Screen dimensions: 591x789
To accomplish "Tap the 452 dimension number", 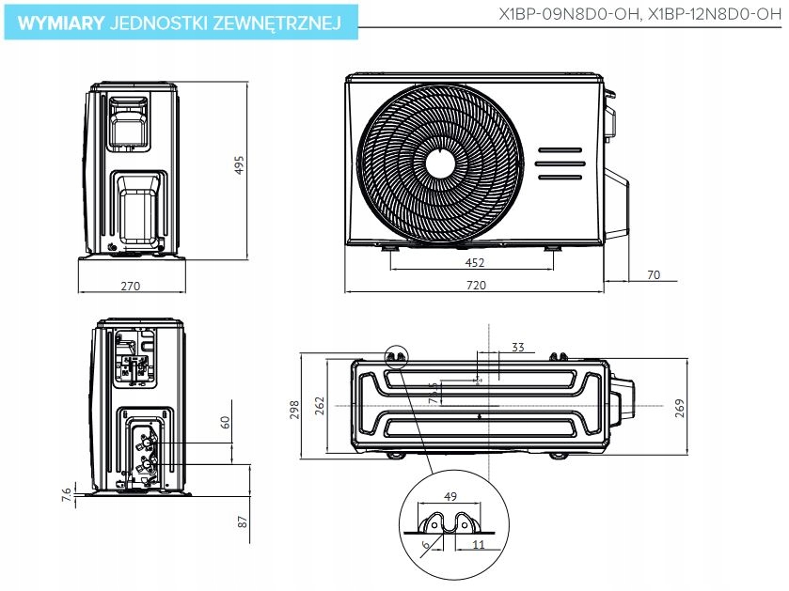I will pos(475,264).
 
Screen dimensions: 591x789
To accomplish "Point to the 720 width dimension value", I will pos(476,286).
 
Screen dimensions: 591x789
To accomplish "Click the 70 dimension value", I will pos(655,275).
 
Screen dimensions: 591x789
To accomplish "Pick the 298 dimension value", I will pos(294,408).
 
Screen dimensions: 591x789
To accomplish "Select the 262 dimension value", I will pos(320,405).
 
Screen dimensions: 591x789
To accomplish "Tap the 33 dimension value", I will pos(517,348).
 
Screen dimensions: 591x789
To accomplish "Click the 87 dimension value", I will pos(243,521).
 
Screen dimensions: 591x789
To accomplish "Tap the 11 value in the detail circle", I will pos(478,544).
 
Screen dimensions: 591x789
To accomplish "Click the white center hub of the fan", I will pos(440,163).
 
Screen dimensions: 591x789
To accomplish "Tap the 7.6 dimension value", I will pos(67,494).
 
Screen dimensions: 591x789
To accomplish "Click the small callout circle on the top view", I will pos(398,356).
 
